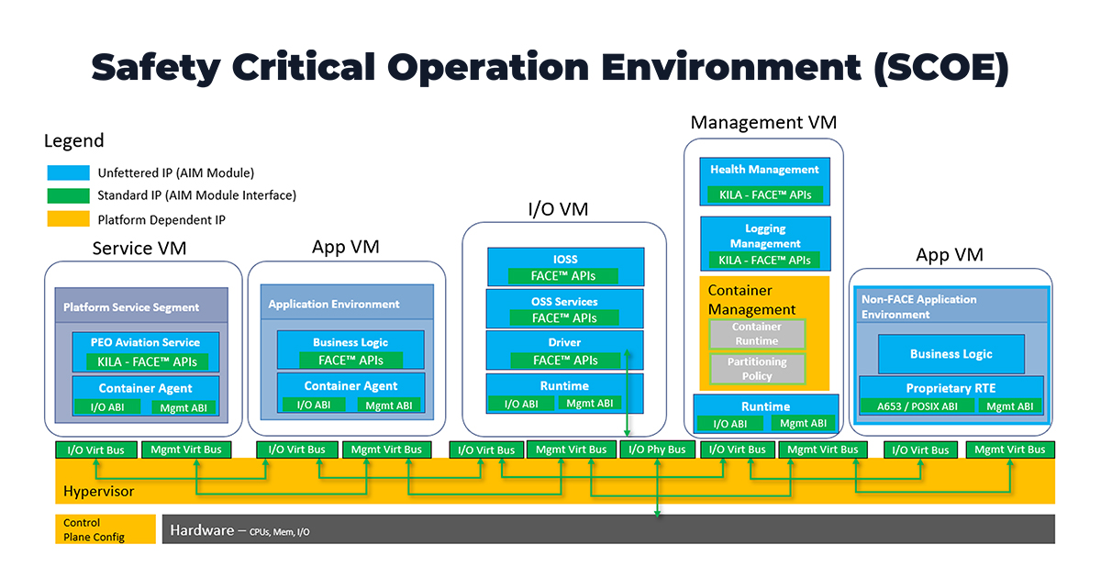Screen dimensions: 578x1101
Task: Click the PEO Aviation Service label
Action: [145, 342]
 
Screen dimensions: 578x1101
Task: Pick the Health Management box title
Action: [764, 170]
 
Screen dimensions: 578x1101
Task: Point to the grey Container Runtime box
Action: [757, 334]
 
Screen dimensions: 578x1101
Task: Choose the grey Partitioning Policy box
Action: [757, 369]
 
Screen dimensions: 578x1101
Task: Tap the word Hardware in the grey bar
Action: [202, 530]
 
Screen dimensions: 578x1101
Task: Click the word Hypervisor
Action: [98, 492]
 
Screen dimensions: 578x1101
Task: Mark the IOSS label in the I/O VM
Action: [564, 260]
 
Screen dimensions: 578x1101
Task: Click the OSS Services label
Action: [564, 302]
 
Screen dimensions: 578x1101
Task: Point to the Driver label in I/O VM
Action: [564, 343]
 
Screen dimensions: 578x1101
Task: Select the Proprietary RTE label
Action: [951, 388]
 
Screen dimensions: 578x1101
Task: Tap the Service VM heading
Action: [143, 248]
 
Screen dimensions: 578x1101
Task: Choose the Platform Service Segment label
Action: [131, 307]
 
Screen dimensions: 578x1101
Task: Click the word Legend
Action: [74, 141]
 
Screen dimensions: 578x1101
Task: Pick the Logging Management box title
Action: [765, 236]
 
